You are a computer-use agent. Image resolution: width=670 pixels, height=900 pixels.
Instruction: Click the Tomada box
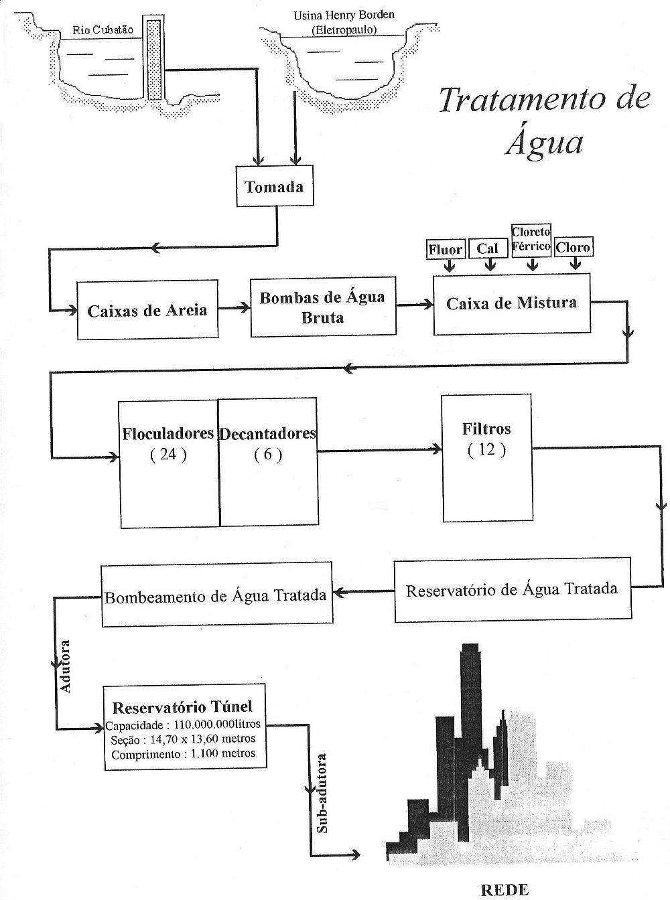[x=274, y=186]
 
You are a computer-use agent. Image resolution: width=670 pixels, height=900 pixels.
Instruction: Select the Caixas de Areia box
[x=147, y=311]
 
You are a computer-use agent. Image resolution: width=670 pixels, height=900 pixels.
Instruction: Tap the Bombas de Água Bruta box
[x=322, y=307]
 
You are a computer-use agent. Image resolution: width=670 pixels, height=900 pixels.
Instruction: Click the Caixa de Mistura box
[x=512, y=303]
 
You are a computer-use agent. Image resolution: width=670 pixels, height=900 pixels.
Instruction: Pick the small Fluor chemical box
[x=446, y=250]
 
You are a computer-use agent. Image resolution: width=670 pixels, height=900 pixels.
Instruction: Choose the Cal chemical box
[x=488, y=248]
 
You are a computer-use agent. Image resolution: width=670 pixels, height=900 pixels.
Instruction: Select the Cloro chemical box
[x=574, y=247]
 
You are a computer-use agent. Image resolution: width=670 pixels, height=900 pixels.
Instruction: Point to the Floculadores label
[x=167, y=433]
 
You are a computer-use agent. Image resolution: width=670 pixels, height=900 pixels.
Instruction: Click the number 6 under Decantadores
[x=268, y=455]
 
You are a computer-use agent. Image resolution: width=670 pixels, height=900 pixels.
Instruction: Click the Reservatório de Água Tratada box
[x=513, y=589]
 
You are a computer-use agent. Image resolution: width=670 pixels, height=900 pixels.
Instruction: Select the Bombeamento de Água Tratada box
[x=216, y=595]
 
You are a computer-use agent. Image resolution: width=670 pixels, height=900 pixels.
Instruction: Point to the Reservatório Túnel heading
[x=182, y=707]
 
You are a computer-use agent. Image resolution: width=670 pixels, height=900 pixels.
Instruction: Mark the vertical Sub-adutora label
[x=322, y=793]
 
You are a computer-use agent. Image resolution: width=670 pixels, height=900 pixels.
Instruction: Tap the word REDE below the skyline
[x=505, y=889]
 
